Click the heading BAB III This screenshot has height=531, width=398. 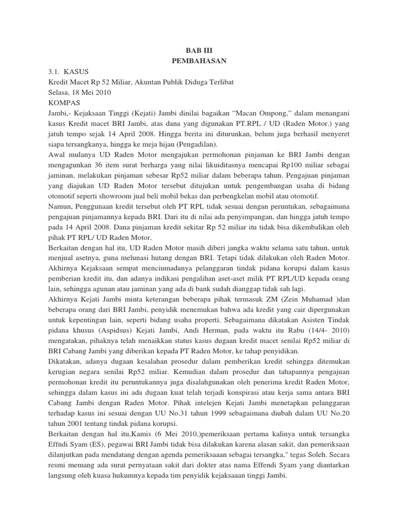(x=199, y=51)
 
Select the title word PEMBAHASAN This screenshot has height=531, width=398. (x=199, y=61)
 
